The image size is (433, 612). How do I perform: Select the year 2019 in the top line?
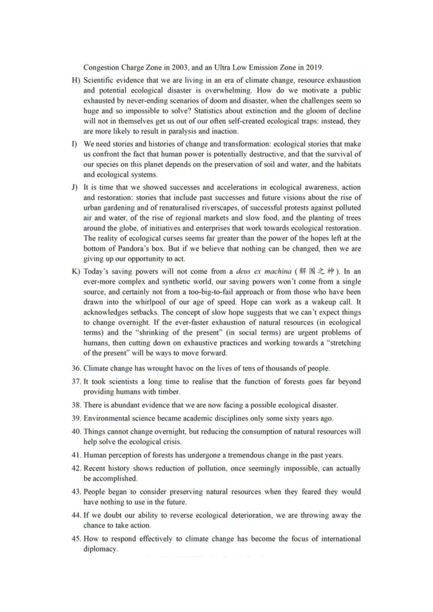click(x=314, y=68)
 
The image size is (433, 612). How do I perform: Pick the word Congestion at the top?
click(x=101, y=68)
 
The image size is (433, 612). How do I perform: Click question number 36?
click(x=77, y=369)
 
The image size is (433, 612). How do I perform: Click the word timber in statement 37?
click(x=169, y=392)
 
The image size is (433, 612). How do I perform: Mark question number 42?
click(x=77, y=469)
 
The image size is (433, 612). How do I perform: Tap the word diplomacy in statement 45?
click(x=100, y=549)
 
